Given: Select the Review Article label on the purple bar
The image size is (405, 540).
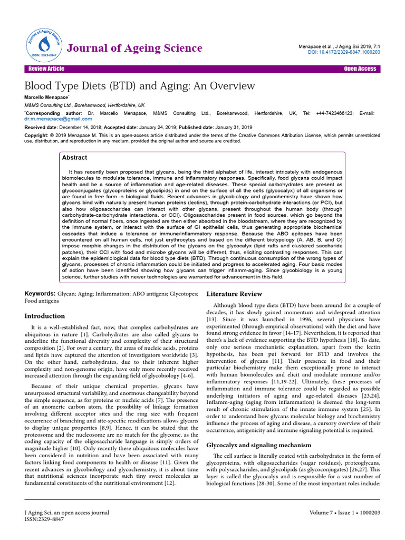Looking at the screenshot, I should click(x=46, y=69).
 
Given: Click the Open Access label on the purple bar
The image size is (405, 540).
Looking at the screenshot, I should click(x=360, y=69).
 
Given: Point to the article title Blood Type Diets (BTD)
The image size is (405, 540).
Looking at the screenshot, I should click(x=140, y=86).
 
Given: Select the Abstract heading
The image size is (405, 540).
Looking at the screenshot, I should click(x=74, y=158).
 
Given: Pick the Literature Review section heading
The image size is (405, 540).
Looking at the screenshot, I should click(x=234, y=293).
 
